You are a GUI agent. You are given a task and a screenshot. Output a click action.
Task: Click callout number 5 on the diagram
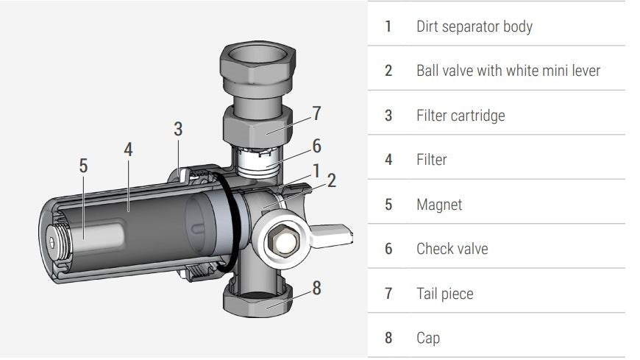point(83,166)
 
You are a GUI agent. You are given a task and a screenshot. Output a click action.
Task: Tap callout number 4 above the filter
point(128,149)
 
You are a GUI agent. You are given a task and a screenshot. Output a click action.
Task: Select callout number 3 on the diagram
point(178,129)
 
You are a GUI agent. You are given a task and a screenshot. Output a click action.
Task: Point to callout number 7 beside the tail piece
point(316,113)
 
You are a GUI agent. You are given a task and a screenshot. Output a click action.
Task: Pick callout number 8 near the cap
point(316,287)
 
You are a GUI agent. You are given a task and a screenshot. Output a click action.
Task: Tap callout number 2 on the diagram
point(332,180)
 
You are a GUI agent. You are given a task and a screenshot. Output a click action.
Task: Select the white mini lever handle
point(335,234)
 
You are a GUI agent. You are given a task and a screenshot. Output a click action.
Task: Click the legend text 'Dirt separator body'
point(474,27)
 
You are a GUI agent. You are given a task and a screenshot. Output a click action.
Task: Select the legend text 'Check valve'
point(452,249)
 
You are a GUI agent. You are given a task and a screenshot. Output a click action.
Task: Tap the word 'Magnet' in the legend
point(439,204)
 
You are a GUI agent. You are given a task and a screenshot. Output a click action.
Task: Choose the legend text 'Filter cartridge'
point(461,116)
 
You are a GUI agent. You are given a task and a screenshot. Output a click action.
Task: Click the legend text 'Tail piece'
point(444,294)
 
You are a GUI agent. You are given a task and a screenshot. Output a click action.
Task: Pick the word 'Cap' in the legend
point(428,339)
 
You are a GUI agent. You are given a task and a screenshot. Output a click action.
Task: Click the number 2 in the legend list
point(388,71)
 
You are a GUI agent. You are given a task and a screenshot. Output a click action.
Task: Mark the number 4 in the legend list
point(388,160)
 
